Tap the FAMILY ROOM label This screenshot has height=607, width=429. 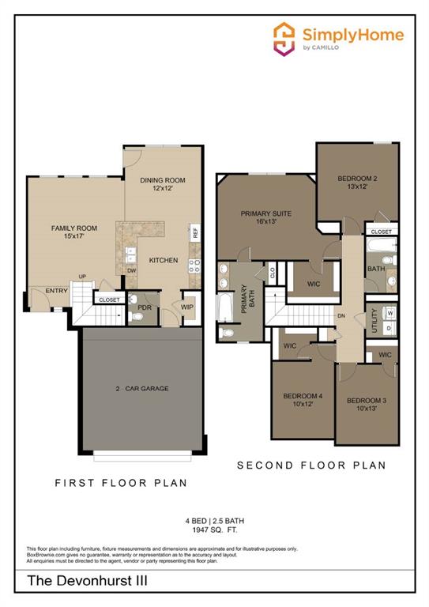click(x=73, y=228)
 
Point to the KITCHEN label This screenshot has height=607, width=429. click(x=164, y=260)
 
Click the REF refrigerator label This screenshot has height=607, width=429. click(x=194, y=232)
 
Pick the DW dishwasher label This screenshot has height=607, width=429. click(x=130, y=270)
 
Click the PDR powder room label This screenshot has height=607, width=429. click(x=145, y=307)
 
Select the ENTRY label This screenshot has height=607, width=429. click(x=56, y=290)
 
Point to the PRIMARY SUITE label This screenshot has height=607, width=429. click(x=266, y=213)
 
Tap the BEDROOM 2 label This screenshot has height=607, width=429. click(x=357, y=179)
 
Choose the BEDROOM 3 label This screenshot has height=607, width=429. click(x=367, y=401)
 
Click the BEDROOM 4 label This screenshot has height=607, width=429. click(x=303, y=395)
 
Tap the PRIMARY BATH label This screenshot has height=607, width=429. click(x=245, y=300)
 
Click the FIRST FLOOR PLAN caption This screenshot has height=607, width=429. click(x=121, y=482)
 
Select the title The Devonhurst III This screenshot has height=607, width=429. click(x=77, y=581)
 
